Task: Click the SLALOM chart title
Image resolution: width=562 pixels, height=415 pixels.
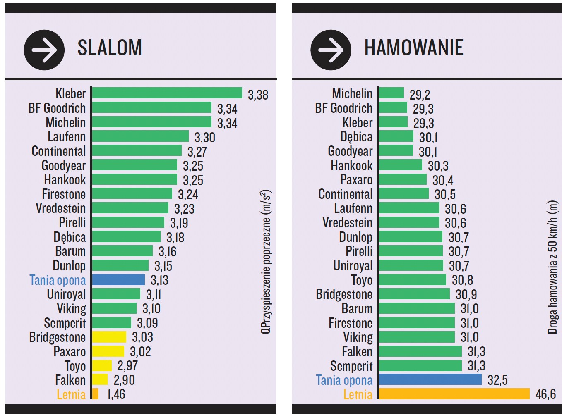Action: tap(110, 48)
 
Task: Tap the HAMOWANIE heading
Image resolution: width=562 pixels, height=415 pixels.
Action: tap(413, 48)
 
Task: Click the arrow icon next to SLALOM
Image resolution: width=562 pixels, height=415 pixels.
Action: tap(44, 50)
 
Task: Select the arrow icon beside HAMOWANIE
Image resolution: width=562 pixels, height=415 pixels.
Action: tap(331, 50)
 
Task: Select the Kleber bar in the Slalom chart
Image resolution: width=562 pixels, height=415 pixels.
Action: tap(167, 93)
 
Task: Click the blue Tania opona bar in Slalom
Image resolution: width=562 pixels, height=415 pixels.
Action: tap(118, 280)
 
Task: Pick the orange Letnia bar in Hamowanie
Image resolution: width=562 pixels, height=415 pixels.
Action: tap(454, 394)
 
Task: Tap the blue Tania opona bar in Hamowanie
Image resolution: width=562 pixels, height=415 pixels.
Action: tap(430, 379)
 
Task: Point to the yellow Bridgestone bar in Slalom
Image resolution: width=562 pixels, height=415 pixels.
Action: tap(109, 337)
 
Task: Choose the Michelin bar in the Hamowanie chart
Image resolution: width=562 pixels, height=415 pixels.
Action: tap(391, 93)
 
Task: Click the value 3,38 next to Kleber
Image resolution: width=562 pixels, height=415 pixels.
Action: tap(258, 95)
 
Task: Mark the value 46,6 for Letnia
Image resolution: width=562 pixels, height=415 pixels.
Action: tap(545, 394)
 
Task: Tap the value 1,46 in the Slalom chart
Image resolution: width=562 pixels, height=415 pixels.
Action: tap(116, 394)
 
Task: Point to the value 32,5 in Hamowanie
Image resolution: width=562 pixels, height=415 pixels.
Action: tap(497, 380)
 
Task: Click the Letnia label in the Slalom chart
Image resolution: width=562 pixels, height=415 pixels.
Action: tap(71, 394)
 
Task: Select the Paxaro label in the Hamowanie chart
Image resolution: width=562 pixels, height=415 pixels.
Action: tap(356, 180)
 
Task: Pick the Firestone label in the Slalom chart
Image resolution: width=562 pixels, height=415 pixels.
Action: tap(64, 194)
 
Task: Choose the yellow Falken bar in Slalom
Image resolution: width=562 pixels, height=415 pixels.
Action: tap(100, 379)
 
